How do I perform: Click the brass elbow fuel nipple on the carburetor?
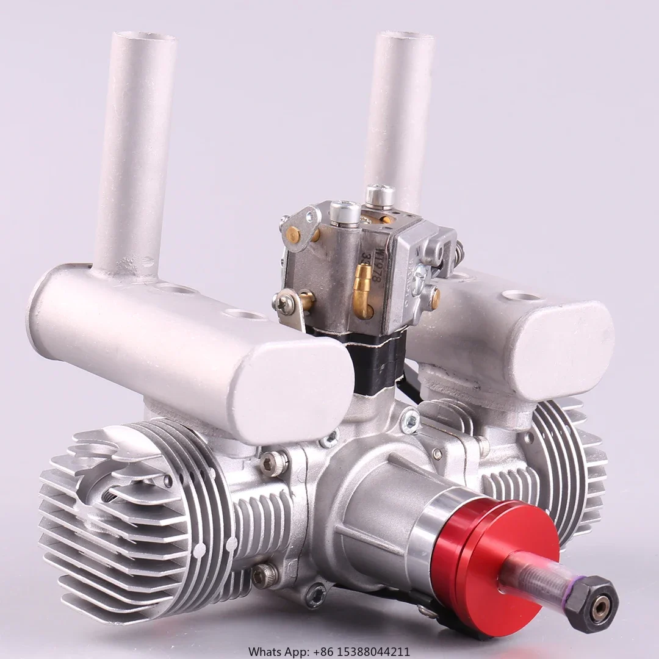363,290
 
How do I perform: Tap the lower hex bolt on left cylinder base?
265,574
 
